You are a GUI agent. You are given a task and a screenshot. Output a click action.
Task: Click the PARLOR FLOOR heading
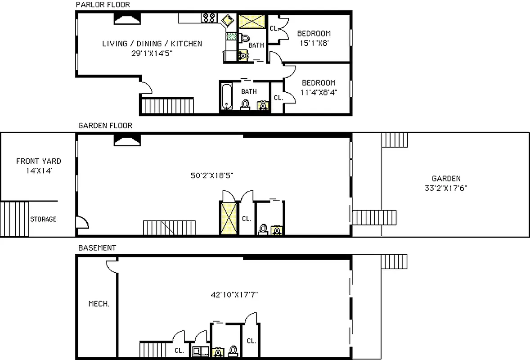tap(103, 5)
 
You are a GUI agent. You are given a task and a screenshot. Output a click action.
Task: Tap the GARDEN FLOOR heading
tap(105, 126)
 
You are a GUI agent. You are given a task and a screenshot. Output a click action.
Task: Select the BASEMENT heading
tap(97, 248)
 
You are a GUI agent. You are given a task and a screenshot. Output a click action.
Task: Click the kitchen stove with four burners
tap(209, 18)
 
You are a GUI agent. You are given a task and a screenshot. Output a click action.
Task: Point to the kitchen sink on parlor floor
tap(227, 20)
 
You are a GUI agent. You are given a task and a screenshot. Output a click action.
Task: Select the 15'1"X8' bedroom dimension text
tap(314, 44)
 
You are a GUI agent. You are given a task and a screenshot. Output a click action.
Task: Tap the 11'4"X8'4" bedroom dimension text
tap(318, 93)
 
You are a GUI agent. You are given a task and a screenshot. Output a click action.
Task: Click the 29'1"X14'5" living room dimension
tap(152, 53)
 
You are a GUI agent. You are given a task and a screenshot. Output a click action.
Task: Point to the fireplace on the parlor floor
tap(127, 18)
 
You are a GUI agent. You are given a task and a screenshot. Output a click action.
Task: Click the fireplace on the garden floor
tap(127, 141)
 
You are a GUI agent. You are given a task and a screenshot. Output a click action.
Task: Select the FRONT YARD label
tap(38, 161)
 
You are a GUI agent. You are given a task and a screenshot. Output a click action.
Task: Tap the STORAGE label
tap(43, 219)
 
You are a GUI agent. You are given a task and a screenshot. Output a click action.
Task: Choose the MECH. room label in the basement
tap(99, 304)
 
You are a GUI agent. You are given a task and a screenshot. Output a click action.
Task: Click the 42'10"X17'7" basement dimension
tap(234, 295)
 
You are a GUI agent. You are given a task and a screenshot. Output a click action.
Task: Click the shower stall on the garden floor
tap(228, 218)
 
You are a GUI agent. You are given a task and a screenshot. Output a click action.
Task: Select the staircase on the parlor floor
tap(167, 106)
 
